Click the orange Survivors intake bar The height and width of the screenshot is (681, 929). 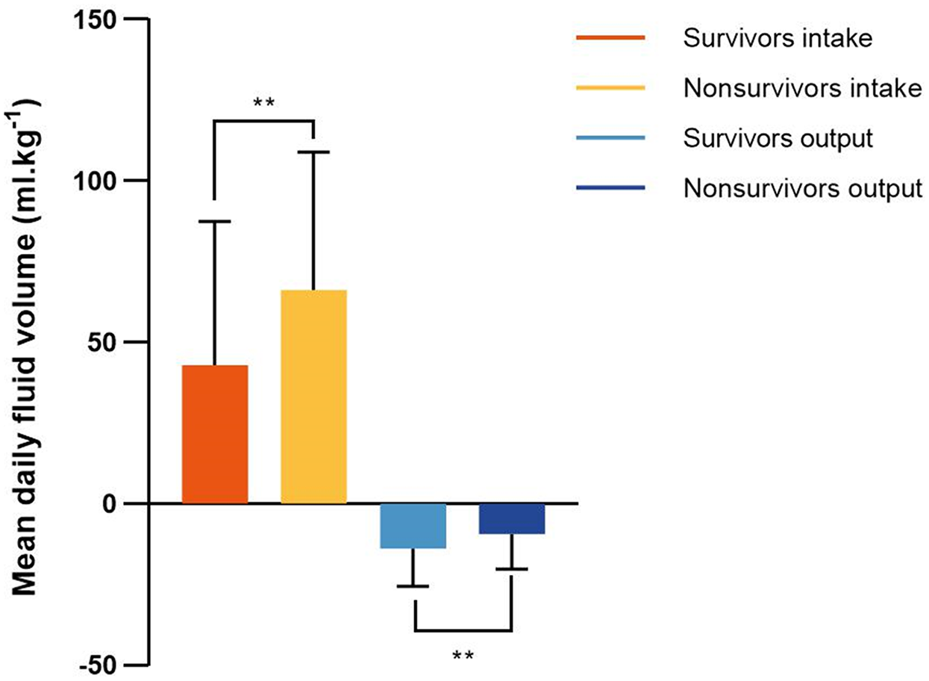click(215, 434)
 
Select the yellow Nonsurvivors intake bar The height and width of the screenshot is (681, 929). click(313, 396)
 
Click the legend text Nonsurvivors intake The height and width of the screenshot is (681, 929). click(803, 89)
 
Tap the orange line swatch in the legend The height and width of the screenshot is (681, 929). click(611, 38)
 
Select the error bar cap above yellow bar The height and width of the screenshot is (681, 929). click(313, 152)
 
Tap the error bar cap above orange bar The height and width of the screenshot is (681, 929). click(215, 222)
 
